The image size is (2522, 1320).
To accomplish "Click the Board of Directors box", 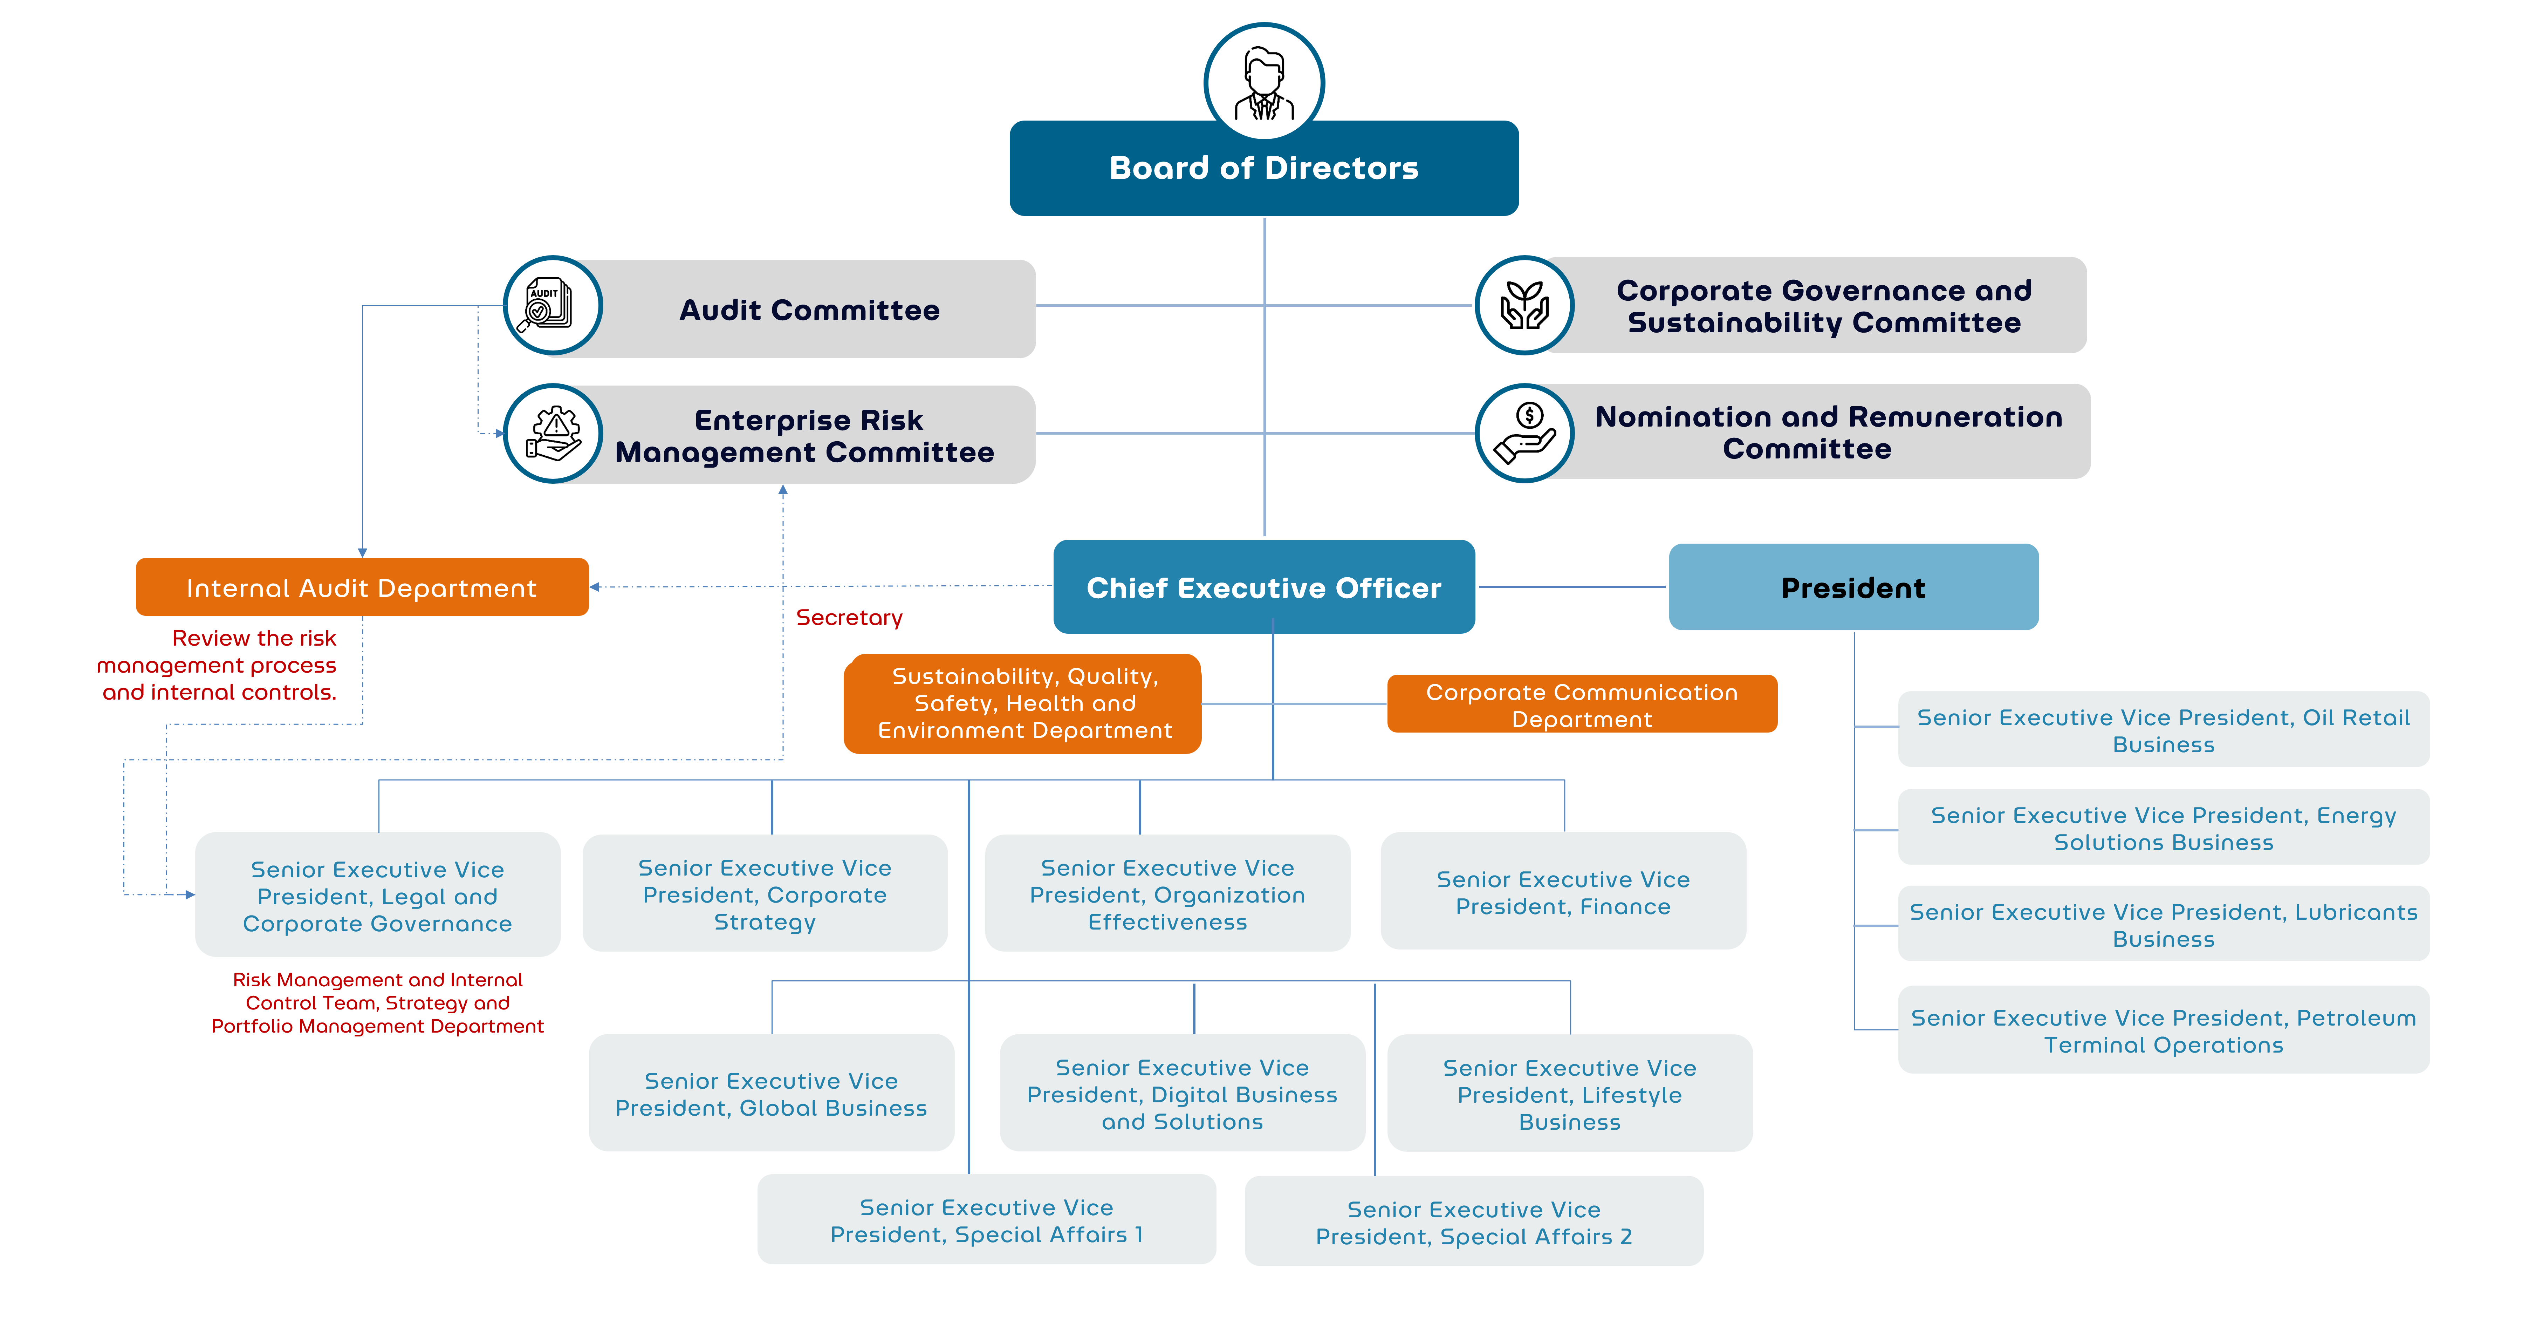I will click(1263, 169).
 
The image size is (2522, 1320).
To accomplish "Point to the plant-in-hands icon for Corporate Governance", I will click(1524, 306).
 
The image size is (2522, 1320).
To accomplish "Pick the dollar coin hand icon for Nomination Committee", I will click(1524, 433).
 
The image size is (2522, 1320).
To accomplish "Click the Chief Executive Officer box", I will click(1263, 587).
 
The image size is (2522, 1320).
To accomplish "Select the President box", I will click(1852, 587).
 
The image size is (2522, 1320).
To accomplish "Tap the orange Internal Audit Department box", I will click(361, 587).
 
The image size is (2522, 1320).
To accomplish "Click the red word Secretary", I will click(849, 618).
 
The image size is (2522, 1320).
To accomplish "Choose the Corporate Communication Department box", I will click(1581, 704).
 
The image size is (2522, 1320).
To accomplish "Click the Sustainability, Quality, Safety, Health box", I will click(1023, 703).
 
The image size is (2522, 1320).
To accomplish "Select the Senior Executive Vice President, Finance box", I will click(1563, 892).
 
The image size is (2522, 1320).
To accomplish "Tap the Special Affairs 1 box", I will click(986, 1220).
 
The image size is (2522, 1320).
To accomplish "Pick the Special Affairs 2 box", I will click(1473, 1222).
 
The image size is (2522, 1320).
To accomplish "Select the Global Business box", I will click(770, 1094).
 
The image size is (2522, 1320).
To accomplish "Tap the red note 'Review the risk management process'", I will click(217, 665).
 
